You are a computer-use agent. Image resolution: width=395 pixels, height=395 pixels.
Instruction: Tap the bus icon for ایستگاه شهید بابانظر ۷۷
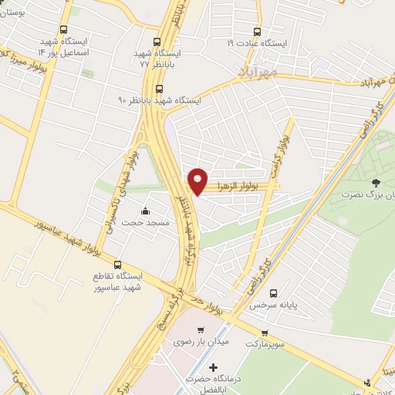(x=157, y=42)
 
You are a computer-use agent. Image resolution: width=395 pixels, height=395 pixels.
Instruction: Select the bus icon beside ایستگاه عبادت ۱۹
(x=257, y=32)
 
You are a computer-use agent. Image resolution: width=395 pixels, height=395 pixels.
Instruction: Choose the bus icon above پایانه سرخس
(x=273, y=293)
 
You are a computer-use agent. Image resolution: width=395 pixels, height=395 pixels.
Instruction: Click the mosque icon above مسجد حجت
(x=144, y=211)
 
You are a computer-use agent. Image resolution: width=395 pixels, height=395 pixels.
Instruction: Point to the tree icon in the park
(x=376, y=183)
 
